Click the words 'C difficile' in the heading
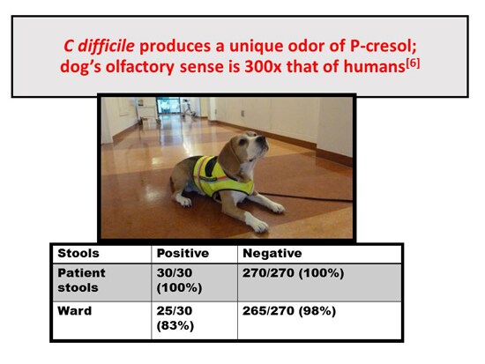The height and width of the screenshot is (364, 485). (x=99, y=47)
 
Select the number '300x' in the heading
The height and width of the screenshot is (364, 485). (x=263, y=67)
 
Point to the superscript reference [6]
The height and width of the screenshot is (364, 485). (x=413, y=64)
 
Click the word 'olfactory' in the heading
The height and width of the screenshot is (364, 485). (x=140, y=67)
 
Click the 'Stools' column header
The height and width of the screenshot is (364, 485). (x=78, y=253)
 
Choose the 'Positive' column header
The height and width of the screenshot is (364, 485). (x=183, y=253)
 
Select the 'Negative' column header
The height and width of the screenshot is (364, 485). (x=272, y=253)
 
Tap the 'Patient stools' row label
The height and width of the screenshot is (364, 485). (x=81, y=280)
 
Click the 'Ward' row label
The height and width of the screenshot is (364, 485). (x=75, y=311)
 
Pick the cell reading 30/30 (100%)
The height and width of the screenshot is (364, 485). (x=179, y=280)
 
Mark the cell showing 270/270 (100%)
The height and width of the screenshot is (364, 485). (x=293, y=273)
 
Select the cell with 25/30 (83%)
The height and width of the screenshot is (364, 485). (x=175, y=318)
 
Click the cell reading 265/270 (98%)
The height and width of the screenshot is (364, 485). (x=289, y=311)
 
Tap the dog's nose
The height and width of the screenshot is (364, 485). (x=262, y=139)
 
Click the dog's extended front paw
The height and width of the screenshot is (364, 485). (x=258, y=226)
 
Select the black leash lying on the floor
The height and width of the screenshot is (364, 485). (x=305, y=197)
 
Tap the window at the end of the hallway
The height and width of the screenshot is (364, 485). (x=168, y=105)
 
